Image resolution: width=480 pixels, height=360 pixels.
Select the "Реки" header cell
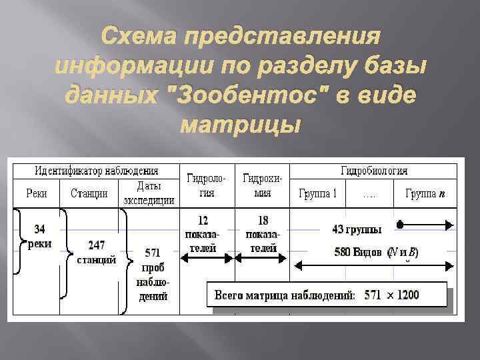[x=37, y=194]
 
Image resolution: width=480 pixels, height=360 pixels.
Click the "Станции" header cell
[x=89, y=194]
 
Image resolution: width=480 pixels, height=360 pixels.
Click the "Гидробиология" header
[x=374, y=171]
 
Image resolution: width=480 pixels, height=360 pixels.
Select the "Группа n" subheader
[x=425, y=194]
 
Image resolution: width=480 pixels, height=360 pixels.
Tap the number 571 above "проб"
[x=153, y=253]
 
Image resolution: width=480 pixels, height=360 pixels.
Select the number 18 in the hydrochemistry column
[x=263, y=219]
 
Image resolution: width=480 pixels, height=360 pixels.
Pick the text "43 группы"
[x=357, y=230]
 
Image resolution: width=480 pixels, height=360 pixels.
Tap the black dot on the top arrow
[x=400, y=225]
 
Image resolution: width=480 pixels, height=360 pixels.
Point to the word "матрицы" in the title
[x=240, y=123]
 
